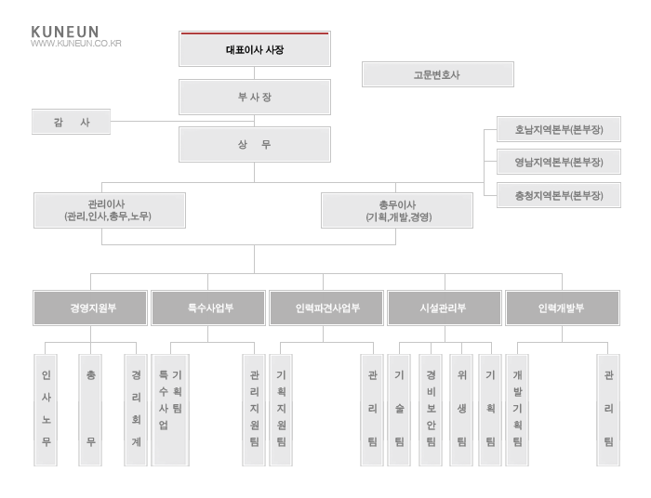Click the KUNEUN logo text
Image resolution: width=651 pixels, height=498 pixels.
click(x=65, y=32)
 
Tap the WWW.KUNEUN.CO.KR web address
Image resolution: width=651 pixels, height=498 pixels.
click(x=76, y=43)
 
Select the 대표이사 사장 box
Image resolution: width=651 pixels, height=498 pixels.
click(x=255, y=49)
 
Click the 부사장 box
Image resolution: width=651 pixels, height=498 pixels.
click(x=255, y=97)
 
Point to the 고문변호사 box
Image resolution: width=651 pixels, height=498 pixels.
click(x=438, y=74)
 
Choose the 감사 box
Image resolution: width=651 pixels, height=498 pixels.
click(x=71, y=122)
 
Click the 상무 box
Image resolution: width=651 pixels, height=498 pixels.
click(x=255, y=144)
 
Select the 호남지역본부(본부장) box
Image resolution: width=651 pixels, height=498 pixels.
click(x=559, y=129)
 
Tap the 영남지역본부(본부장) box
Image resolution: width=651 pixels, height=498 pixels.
click(x=559, y=162)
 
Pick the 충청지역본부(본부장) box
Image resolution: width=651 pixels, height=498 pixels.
click(x=559, y=195)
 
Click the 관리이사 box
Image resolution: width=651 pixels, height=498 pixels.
click(x=110, y=210)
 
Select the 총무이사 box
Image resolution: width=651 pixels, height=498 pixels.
click(x=397, y=210)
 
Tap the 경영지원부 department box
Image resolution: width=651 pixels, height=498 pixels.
click(x=90, y=308)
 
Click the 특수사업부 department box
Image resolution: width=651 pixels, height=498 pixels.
click(x=208, y=308)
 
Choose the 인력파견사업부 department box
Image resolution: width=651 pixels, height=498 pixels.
click(x=326, y=308)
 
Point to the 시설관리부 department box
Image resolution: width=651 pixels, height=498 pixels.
click(x=445, y=308)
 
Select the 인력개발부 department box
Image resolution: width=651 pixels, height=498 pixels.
click(x=563, y=308)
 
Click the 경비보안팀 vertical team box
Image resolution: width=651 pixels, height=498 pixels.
click(x=431, y=410)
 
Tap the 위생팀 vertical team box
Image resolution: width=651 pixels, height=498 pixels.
click(x=461, y=410)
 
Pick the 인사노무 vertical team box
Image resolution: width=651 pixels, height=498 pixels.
click(x=46, y=410)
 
